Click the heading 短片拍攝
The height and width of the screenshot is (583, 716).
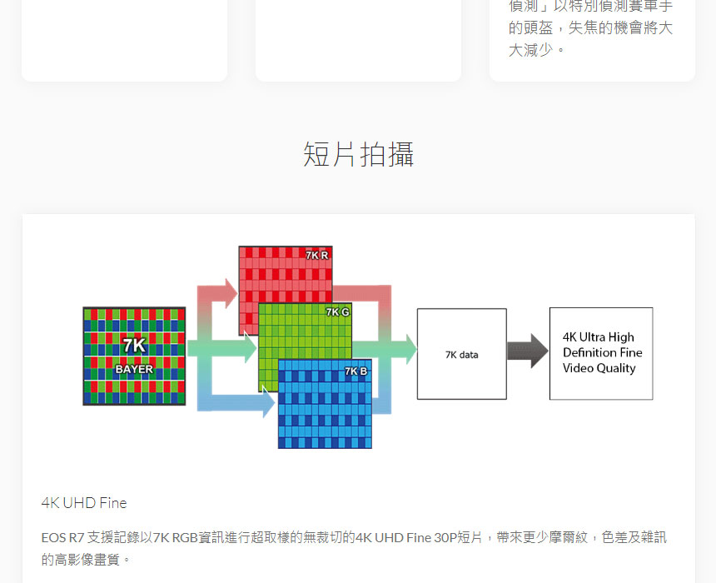click(358, 155)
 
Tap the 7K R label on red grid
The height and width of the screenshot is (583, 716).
click(316, 255)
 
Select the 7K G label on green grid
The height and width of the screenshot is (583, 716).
click(337, 312)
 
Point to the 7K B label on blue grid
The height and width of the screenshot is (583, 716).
click(356, 371)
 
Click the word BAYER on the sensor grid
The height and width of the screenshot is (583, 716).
click(134, 369)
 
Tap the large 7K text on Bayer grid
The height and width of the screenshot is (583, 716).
click(134, 346)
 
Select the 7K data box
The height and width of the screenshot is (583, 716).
click(461, 354)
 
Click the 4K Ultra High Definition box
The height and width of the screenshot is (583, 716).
click(600, 353)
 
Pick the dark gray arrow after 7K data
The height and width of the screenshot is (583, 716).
click(527, 351)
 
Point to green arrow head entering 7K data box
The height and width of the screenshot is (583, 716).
click(407, 349)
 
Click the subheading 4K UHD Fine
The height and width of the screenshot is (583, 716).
click(84, 503)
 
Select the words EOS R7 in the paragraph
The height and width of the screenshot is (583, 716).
click(62, 538)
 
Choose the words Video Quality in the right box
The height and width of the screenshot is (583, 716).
click(599, 368)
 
